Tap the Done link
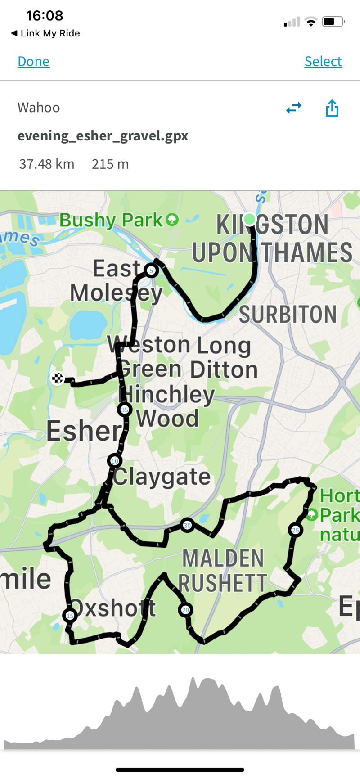[x=33, y=61]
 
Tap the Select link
[x=323, y=61]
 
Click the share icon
[x=332, y=108]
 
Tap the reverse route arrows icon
[x=294, y=108]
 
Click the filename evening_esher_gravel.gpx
[x=103, y=135]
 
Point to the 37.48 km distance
[x=46, y=164]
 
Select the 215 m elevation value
[x=110, y=164]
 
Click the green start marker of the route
[x=249, y=219]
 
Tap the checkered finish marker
[x=58, y=378]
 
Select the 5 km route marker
[x=151, y=270]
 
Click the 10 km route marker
[x=115, y=461]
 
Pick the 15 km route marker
[x=70, y=615]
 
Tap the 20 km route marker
[x=185, y=610]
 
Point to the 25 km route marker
[x=295, y=530]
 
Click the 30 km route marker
[x=187, y=525]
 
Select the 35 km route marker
[x=125, y=410]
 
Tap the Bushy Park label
[x=111, y=220]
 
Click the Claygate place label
[x=162, y=477]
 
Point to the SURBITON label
[x=288, y=314]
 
